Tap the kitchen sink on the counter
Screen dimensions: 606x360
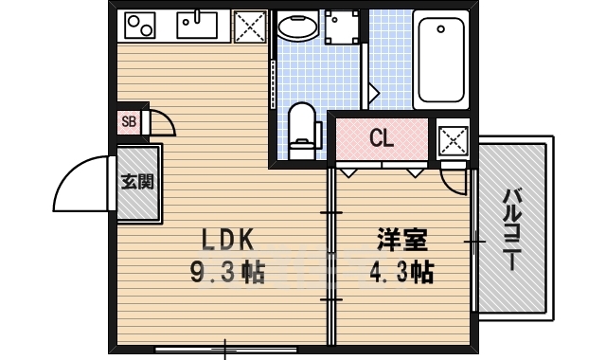point(196,26)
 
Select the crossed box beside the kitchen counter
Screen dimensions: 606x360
point(248,27)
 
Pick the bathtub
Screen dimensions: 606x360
point(441,61)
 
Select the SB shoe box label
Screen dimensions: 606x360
point(129,121)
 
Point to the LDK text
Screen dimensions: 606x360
point(223,239)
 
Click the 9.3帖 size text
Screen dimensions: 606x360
point(225,273)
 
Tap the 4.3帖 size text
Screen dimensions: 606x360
point(401,273)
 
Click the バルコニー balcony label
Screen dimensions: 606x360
point(513,230)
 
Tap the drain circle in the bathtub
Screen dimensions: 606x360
point(441,29)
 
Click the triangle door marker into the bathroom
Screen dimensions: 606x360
point(373,93)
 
